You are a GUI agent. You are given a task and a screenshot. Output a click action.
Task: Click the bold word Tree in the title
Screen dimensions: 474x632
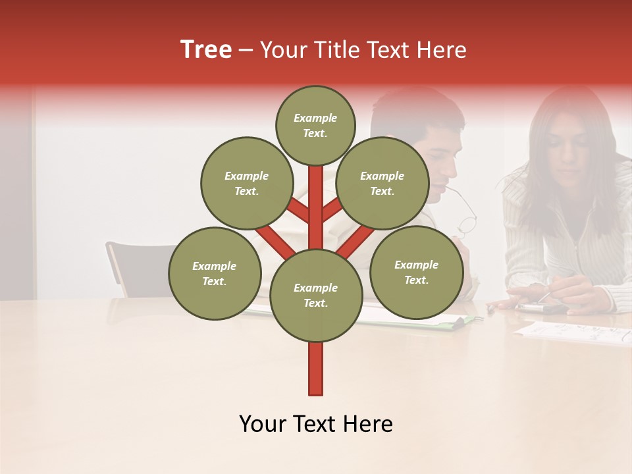206,50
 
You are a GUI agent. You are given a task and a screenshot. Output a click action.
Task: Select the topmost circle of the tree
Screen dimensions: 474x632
315,125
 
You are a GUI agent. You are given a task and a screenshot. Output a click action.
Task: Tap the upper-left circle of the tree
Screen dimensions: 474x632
246,183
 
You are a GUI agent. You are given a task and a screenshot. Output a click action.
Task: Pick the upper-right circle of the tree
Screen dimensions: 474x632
382,183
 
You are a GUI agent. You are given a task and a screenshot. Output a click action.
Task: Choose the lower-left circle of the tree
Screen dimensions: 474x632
214,273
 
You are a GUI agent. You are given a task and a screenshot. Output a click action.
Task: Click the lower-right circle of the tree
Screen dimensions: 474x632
416,272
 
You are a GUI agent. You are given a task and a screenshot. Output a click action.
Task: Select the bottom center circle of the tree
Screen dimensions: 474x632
315,295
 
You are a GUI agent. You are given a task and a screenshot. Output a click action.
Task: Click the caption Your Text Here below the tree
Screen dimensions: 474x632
315,424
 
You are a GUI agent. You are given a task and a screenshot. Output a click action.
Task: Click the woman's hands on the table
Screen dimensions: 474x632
553,296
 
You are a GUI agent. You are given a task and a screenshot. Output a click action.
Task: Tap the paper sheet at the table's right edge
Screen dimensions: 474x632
573,333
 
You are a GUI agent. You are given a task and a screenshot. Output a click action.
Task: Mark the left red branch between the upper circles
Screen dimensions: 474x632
298,211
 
